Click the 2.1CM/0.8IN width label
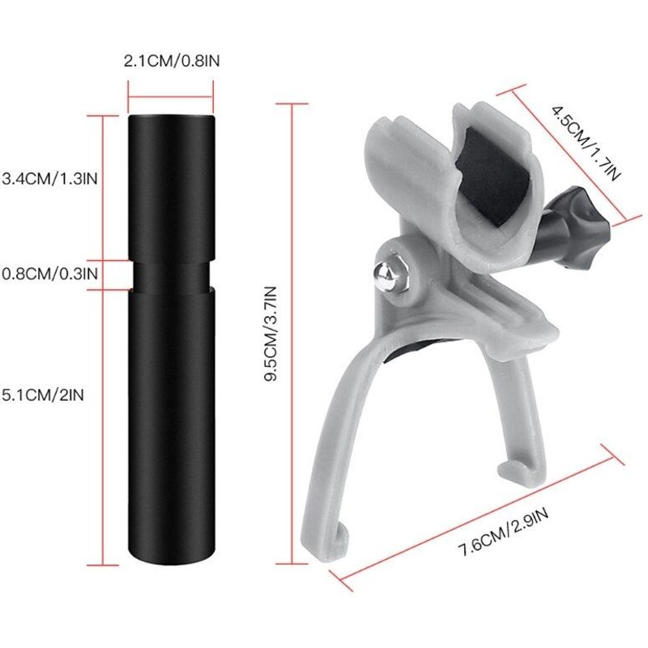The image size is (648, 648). click(x=170, y=61)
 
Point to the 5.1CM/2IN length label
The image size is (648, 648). click(x=44, y=394)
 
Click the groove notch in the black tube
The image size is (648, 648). click(x=170, y=274)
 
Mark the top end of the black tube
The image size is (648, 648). click(x=170, y=118)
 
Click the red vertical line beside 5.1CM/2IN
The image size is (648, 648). click(x=102, y=425)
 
